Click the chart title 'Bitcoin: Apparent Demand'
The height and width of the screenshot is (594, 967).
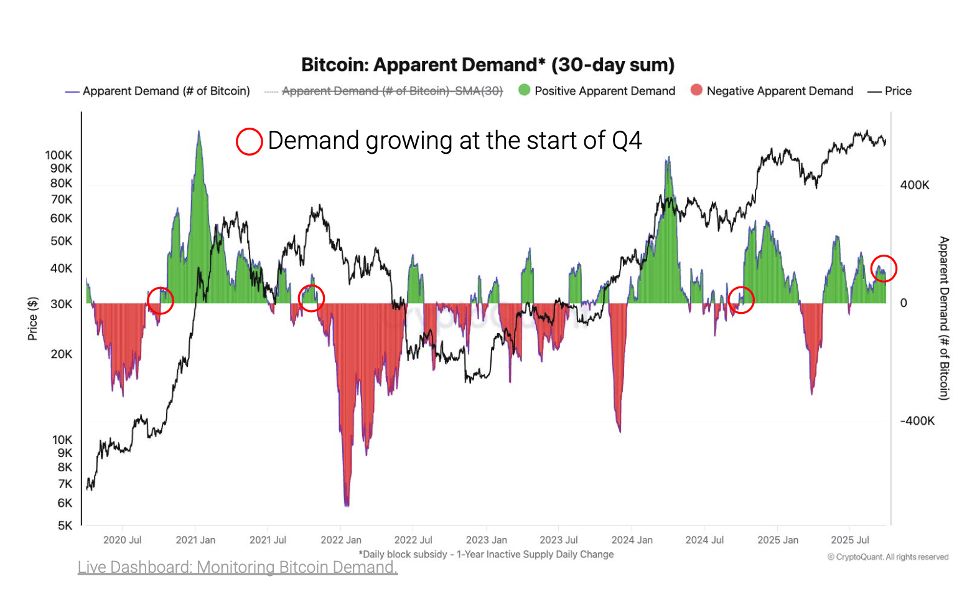pos(487,65)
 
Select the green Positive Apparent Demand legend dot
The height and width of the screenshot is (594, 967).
pos(525,90)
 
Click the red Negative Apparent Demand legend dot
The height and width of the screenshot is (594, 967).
pos(696,90)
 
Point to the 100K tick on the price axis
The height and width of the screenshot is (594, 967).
pos(58,155)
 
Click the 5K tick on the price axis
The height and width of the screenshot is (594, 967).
pos(65,526)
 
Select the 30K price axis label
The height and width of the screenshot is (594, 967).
pos(61,304)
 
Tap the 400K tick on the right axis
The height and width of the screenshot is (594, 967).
pos(914,185)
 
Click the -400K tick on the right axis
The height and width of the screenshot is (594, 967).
pos(917,421)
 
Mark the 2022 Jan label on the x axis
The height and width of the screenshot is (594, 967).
pos(340,540)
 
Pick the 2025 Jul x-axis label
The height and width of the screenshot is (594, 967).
pos(849,540)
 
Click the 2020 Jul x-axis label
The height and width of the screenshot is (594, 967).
pos(122,540)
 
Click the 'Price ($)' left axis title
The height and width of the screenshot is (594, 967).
pos(32,318)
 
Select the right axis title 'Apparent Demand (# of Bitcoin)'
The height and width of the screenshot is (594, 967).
pos(944,318)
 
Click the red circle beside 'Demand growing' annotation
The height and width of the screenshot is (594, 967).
pos(249,141)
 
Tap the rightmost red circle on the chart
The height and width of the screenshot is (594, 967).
pos(883,268)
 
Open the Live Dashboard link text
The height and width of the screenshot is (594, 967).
pos(237,567)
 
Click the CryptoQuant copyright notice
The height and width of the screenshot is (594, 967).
pos(887,557)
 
